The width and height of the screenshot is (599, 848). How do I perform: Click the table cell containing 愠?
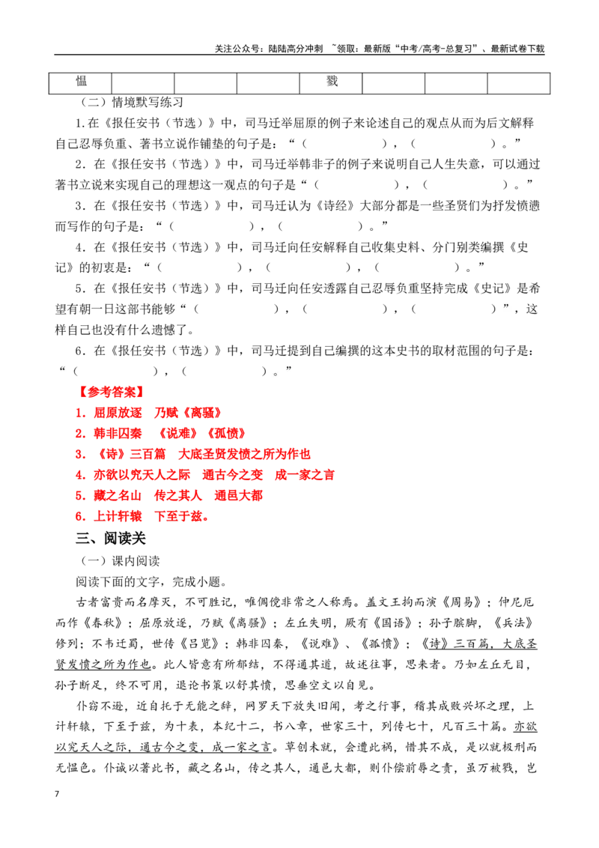pyautogui.click(x=80, y=83)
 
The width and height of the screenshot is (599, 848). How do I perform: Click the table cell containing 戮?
pyautogui.click(x=331, y=83)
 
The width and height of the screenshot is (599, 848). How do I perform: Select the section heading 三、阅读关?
pyautogui.click(x=111, y=538)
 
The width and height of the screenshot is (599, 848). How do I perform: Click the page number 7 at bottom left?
pyautogui.click(x=57, y=794)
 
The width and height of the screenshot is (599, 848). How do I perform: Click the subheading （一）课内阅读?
pyautogui.click(x=120, y=561)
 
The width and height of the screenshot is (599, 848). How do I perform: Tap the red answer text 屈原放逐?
pyautogui.click(x=118, y=414)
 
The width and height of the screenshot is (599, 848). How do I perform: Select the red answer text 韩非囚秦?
pyautogui.click(x=118, y=434)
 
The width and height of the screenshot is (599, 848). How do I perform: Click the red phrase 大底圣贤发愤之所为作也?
pyautogui.click(x=244, y=454)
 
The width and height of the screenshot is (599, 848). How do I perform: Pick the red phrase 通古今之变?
pyautogui.click(x=232, y=476)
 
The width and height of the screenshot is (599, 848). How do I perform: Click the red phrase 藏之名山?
pyautogui.click(x=118, y=496)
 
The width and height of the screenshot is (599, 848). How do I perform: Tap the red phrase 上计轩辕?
pyautogui.click(x=118, y=516)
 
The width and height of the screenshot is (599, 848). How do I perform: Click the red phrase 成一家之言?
pyautogui.click(x=305, y=476)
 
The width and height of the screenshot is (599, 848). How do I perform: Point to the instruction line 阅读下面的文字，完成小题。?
pyautogui.click(x=152, y=582)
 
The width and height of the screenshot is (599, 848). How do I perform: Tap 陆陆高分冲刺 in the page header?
pyautogui.click(x=296, y=49)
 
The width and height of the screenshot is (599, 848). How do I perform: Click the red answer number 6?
pyautogui.click(x=79, y=516)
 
